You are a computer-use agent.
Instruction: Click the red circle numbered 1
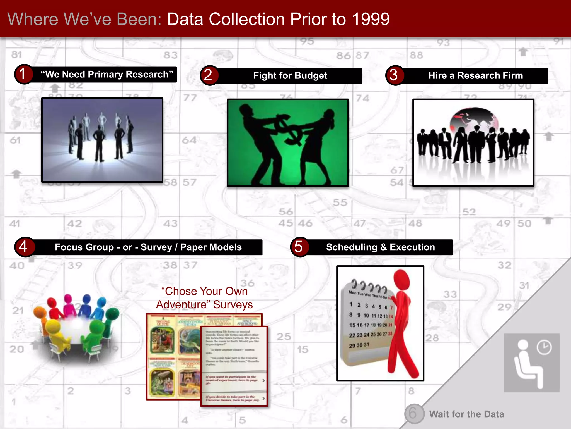23,74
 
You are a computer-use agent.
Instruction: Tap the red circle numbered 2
209,75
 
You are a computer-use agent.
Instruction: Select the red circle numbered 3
394,75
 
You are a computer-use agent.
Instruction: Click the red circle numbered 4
24,247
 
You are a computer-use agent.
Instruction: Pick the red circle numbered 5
299,247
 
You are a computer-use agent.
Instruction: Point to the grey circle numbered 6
414,413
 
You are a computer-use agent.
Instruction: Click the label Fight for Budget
290,76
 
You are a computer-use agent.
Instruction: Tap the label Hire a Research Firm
475,76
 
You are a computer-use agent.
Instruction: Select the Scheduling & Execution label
380,247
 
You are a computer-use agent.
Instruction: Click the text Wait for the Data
466,414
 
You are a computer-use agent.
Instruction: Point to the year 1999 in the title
371,19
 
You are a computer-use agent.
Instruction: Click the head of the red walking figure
402,279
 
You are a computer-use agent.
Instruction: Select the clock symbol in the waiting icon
544,348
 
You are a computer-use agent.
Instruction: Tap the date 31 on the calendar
366,345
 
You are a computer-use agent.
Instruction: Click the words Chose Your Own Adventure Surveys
204,298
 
